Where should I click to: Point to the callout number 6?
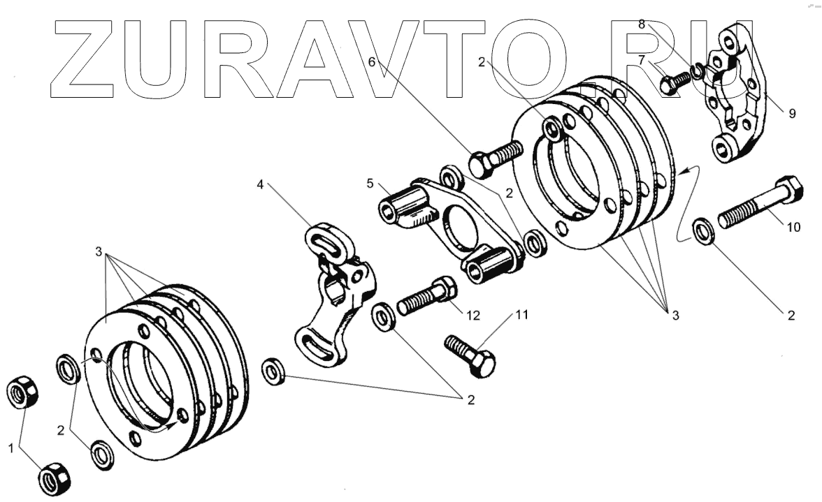(x=372, y=61)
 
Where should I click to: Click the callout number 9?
(x=791, y=115)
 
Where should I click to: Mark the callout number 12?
(x=473, y=316)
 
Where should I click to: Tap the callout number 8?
(x=641, y=24)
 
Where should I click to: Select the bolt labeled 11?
(x=470, y=354)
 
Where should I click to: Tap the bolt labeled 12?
(x=427, y=296)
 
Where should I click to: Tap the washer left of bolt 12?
(x=383, y=316)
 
